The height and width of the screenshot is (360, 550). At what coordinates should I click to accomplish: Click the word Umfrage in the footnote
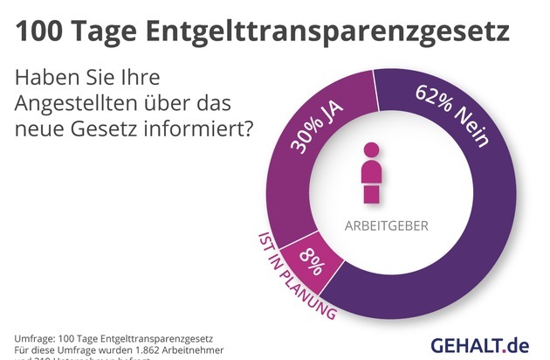(x=38, y=337)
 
